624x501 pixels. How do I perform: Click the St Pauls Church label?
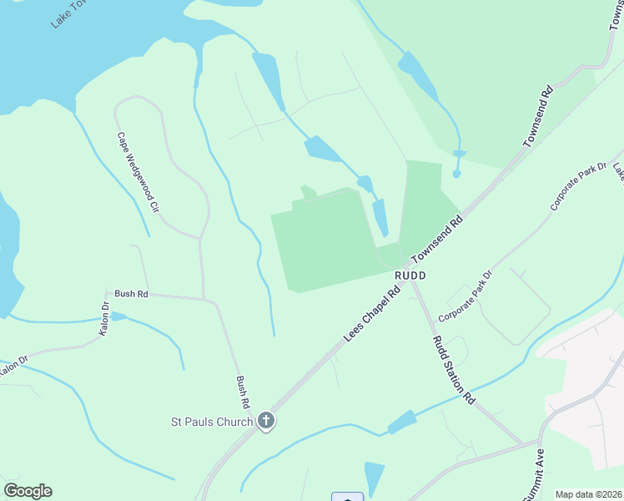pos(211,422)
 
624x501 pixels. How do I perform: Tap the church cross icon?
pos(266,420)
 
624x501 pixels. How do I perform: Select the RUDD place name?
pos(411,276)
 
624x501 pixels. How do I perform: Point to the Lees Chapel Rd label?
pos(372,314)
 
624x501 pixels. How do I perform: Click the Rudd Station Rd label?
pos(453,370)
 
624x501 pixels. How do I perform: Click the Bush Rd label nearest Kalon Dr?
pos(131,294)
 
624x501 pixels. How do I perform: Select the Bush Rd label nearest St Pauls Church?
pos(243,391)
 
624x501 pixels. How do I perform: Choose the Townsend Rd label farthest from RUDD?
pos(538,116)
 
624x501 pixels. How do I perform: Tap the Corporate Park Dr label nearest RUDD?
pos(465,296)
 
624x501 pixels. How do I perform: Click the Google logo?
pos(28,491)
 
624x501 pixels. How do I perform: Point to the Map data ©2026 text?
pos(588,494)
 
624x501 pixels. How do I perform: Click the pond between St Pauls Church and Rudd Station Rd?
pos(402,423)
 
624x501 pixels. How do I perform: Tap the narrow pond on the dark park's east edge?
pos(380,217)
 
